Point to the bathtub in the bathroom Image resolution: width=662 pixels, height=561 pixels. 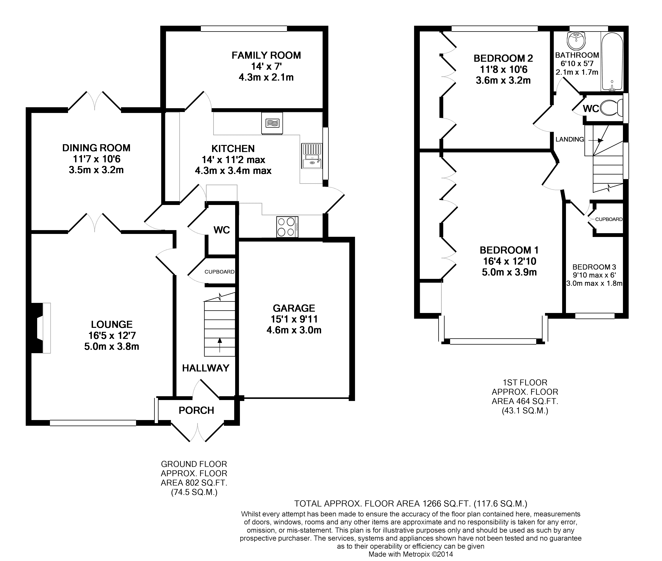click(612, 62)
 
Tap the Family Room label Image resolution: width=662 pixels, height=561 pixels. click(266, 55)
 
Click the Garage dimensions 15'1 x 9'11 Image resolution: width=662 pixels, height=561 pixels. click(294, 319)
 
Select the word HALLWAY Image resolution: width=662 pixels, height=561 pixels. click(205, 368)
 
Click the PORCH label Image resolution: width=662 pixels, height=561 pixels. click(196, 411)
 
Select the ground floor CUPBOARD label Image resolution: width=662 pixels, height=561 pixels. click(220, 272)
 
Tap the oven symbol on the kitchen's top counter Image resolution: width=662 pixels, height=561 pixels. click(272, 123)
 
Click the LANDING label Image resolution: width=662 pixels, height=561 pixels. click(570, 139)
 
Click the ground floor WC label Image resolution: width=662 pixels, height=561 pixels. click(222, 230)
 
